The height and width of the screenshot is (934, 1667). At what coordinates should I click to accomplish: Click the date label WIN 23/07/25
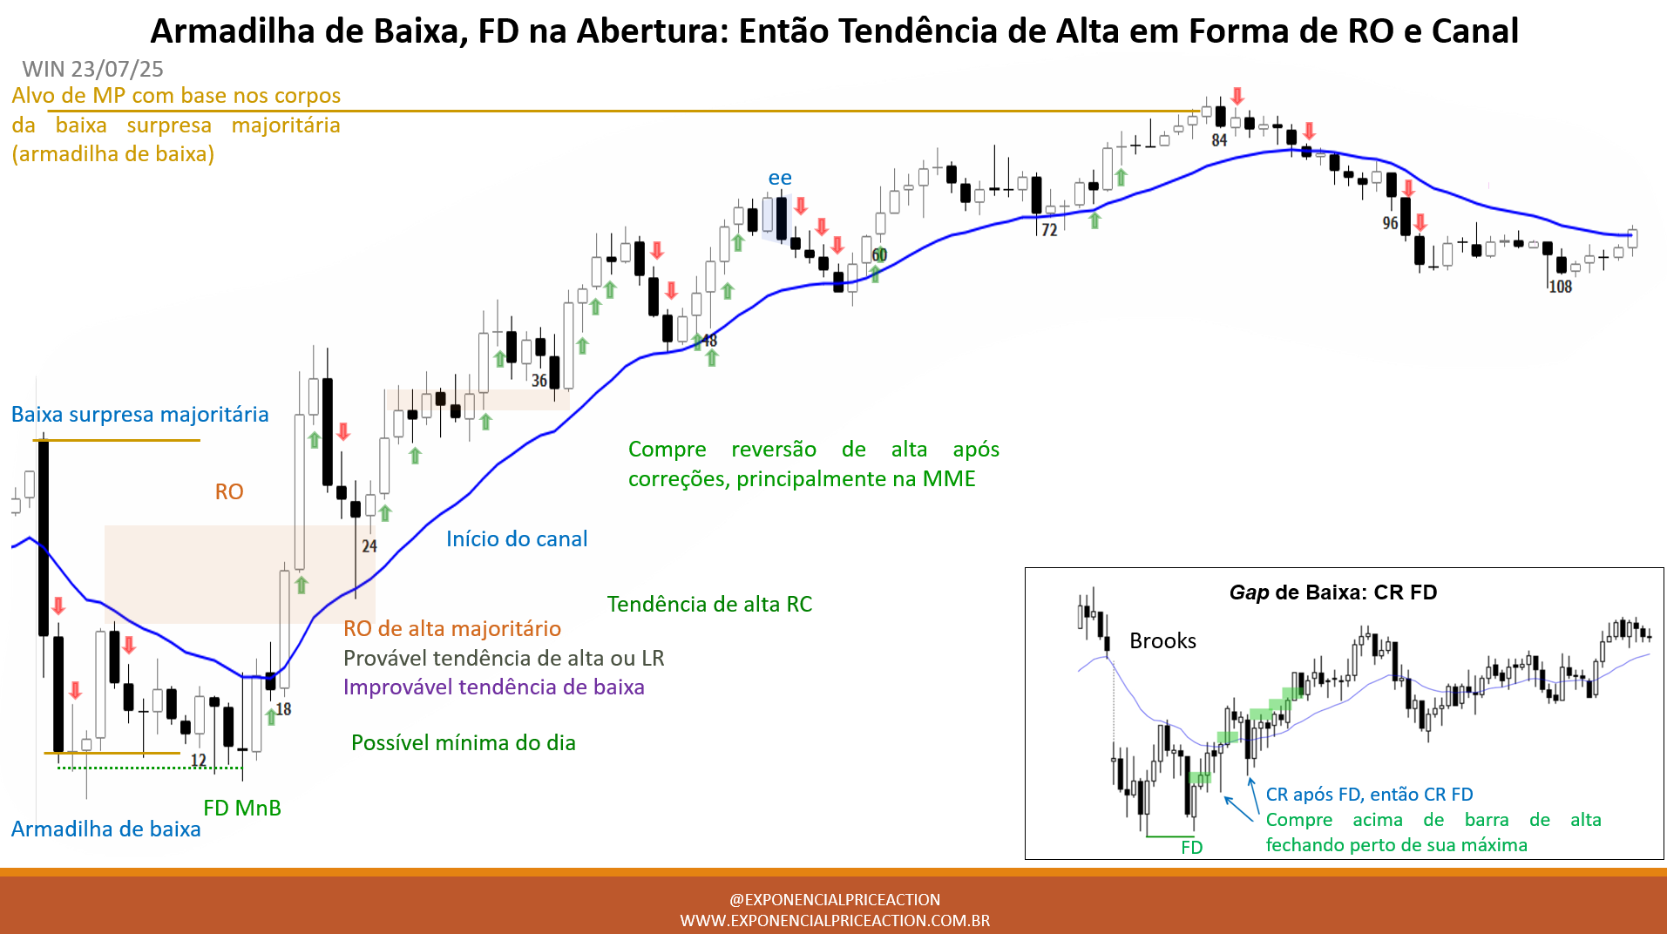[x=92, y=69]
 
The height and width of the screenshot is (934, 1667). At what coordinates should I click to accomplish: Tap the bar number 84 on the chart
[x=1219, y=140]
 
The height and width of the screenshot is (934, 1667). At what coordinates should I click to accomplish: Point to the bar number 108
[x=1560, y=287]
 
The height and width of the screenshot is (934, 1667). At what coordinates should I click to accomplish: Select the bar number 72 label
[x=1049, y=230]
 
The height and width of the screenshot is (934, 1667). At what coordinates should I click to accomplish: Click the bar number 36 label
[x=539, y=381]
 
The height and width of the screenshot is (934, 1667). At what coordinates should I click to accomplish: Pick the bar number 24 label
[x=369, y=546]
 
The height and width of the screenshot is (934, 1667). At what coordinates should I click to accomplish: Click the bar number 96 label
[x=1390, y=223]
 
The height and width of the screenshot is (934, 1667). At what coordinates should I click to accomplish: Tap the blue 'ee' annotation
[x=780, y=178]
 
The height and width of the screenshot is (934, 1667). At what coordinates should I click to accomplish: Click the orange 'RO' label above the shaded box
[x=229, y=492]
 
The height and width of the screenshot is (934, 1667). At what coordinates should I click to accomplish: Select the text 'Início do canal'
[x=517, y=539]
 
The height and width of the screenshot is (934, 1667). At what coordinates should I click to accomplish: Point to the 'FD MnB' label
[x=242, y=808]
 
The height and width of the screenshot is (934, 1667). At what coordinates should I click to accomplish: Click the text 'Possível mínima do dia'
[x=464, y=743]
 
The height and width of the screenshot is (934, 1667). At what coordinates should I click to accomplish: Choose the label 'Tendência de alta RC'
[x=709, y=605]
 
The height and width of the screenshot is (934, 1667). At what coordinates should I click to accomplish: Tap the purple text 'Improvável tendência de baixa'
[x=494, y=687]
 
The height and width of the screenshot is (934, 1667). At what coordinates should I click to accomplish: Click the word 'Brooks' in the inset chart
[x=1162, y=641]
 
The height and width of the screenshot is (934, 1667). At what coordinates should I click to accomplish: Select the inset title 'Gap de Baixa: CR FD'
[x=1333, y=592]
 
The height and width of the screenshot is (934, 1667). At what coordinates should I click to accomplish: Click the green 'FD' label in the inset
[x=1191, y=848]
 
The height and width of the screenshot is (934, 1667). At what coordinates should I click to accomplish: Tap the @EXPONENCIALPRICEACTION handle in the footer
[x=835, y=900]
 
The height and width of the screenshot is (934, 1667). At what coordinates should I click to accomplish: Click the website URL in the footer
[x=835, y=921]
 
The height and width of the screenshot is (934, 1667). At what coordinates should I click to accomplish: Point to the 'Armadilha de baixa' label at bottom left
[x=106, y=829]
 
